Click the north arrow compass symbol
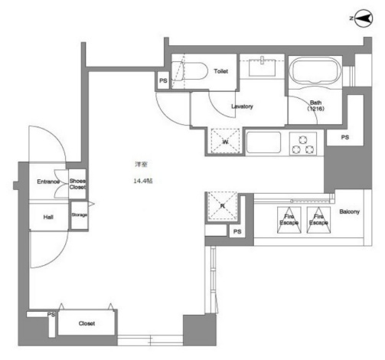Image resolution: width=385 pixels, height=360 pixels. click(x=363, y=18)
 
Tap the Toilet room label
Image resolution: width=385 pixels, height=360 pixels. click(x=220, y=71)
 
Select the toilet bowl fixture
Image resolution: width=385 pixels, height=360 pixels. click(x=189, y=72)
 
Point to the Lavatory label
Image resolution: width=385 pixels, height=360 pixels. click(x=242, y=106)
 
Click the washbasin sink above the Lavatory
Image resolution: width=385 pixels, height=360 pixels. click(x=262, y=67)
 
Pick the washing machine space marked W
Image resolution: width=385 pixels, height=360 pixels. click(x=225, y=141)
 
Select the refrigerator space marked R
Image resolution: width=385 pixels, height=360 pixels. click(x=223, y=206)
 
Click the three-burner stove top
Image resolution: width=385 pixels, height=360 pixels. click(x=303, y=144)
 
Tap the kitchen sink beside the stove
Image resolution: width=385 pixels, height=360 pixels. click(x=264, y=142)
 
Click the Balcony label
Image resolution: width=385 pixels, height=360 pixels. click(x=349, y=211)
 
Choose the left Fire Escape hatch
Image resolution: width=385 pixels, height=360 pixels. click(x=289, y=220)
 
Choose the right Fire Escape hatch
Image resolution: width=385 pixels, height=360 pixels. click(x=318, y=220)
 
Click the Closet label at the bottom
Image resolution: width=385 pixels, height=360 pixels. click(x=86, y=323)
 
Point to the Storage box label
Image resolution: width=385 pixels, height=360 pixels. click(x=79, y=214)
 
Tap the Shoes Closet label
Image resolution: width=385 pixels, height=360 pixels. click(x=77, y=184)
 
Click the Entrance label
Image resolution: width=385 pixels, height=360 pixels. click(x=48, y=182)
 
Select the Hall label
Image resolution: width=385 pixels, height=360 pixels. click(x=48, y=217)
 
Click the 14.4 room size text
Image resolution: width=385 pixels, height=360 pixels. click(x=143, y=181)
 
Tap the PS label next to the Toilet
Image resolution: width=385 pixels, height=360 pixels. click(x=163, y=80)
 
